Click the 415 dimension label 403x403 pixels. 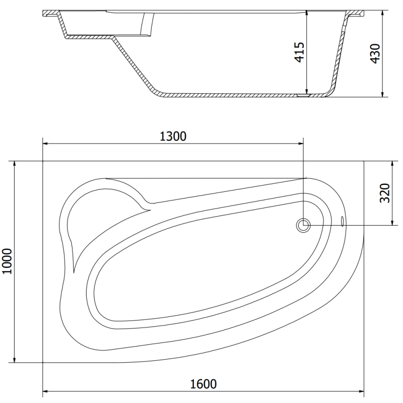click(x=300, y=52)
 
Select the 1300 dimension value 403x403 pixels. click(x=173, y=136)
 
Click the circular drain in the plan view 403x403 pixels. click(x=303, y=225)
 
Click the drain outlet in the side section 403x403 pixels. click(x=304, y=94)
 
